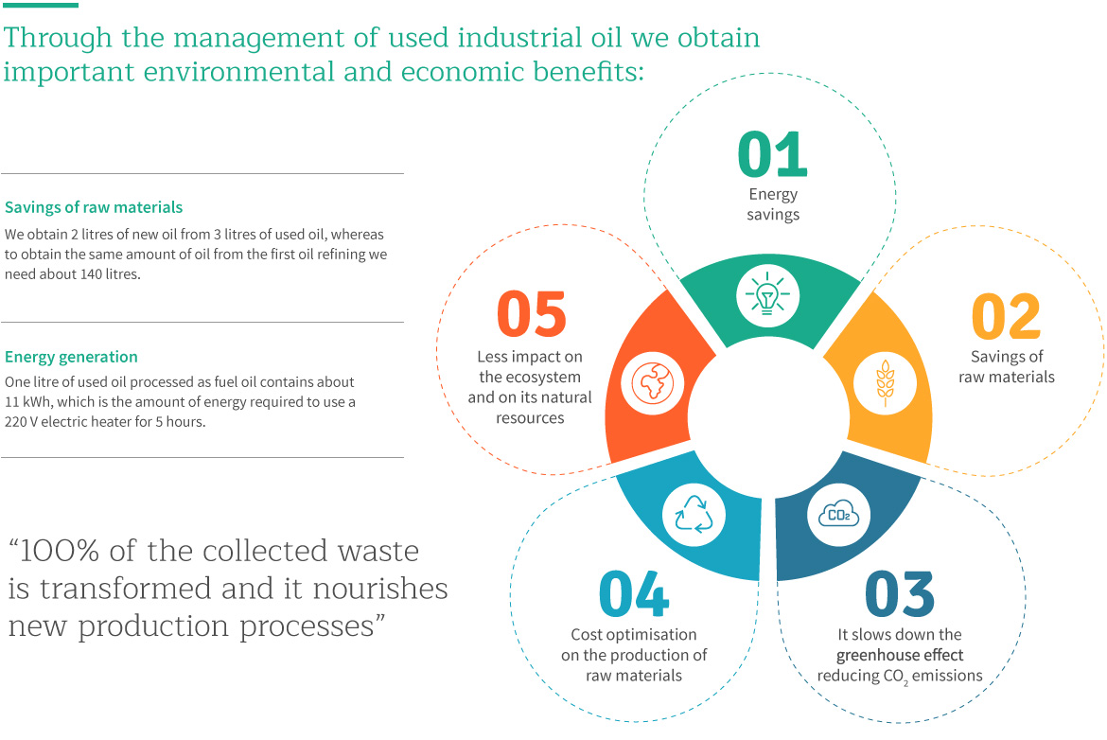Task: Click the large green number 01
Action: [772, 154]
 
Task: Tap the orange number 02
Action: [1006, 316]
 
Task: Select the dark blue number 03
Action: [900, 594]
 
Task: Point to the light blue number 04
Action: [634, 594]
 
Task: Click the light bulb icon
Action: [767, 295]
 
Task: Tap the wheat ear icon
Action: [885, 383]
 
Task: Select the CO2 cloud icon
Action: [838, 515]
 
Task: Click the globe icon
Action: [652, 383]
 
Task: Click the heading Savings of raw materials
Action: [94, 207]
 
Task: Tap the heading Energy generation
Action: [71, 357]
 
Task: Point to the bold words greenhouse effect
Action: [900, 655]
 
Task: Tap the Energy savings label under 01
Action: [773, 204]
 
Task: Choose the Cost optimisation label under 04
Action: [634, 655]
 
